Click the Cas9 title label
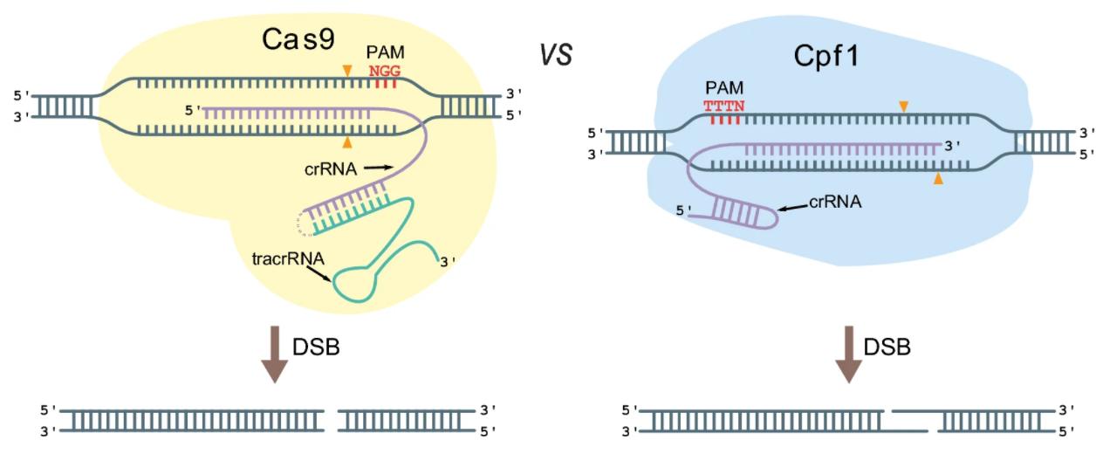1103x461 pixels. coord(300,39)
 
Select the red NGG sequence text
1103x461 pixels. coord(383,70)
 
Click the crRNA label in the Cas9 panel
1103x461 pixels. coord(332,168)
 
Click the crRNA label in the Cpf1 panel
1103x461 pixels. coord(835,202)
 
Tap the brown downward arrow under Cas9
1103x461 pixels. coord(275,354)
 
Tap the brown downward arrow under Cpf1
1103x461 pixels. coord(847,354)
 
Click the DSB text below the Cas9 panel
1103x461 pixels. coord(316,347)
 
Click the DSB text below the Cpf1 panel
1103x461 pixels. coord(887,347)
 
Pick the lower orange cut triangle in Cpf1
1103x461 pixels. coord(938,178)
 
